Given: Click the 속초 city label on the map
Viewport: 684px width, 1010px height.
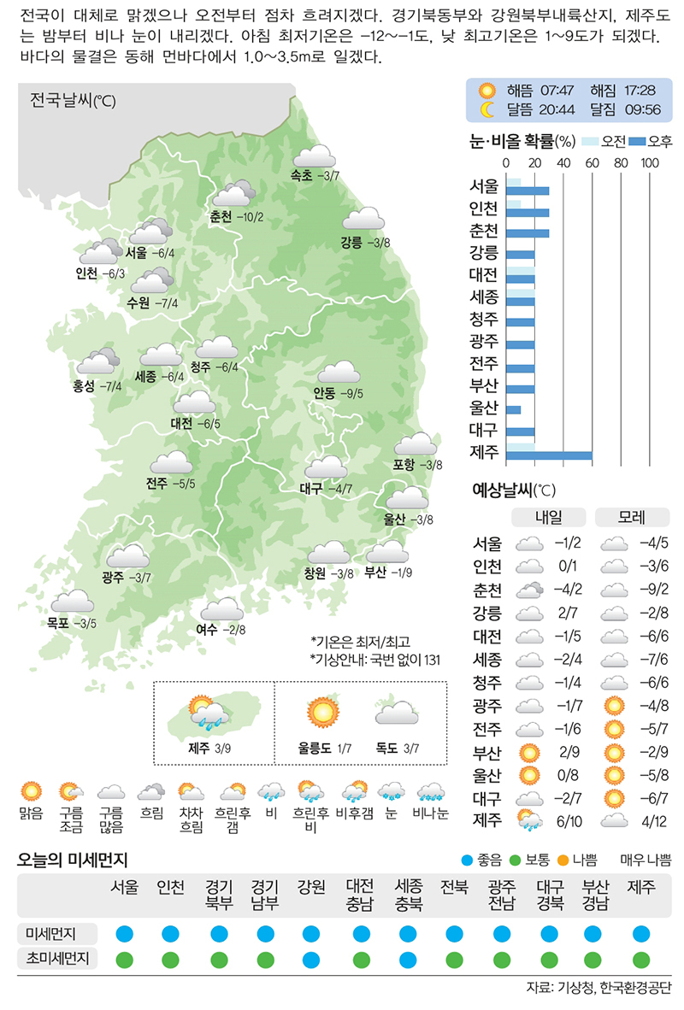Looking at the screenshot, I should click(x=300, y=176).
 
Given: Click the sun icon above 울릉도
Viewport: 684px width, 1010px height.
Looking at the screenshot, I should click(x=322, y=711).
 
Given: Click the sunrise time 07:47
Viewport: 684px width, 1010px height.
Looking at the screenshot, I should click(x=556, y=91).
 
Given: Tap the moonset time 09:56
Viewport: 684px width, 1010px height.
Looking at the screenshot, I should click(x=642, y=109).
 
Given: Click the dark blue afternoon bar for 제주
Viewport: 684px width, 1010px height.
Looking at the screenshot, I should click(x=549, y=455).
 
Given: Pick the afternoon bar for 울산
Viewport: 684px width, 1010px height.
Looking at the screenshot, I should click(x=514, y=410).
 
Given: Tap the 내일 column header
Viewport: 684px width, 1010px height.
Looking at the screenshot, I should click(x=548, y=518).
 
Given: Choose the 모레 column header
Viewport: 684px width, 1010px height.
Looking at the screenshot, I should click(x=633, y=518).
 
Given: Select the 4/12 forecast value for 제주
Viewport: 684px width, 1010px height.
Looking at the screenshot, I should click(x=653, y=822).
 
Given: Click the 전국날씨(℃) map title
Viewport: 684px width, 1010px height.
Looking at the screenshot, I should click(x=73, y=101).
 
